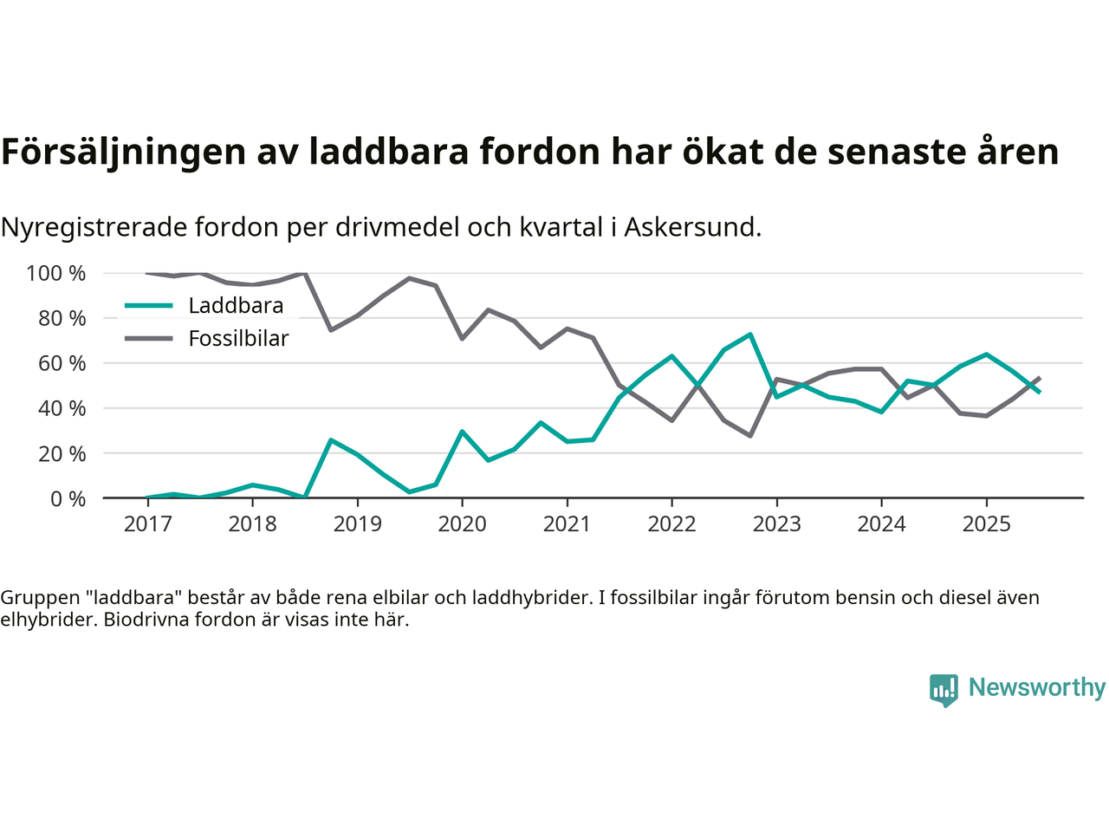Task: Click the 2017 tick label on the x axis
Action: point(147,523)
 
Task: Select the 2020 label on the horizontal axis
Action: point(462,523)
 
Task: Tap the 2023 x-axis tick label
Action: point(776,523)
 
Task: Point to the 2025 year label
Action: point(986,523)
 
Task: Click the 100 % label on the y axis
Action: point(56,274)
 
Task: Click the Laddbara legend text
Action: point(236,306)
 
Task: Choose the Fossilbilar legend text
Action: point(238,339)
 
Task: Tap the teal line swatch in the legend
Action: point(149,306)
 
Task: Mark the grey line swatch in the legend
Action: point(149,339)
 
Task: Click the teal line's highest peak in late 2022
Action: point(750,335)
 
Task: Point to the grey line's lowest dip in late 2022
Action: point(750,435)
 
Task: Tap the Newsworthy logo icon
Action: point(944,690)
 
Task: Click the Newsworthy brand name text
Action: point(1036,688)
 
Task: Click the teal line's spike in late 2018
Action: point(331,440)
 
